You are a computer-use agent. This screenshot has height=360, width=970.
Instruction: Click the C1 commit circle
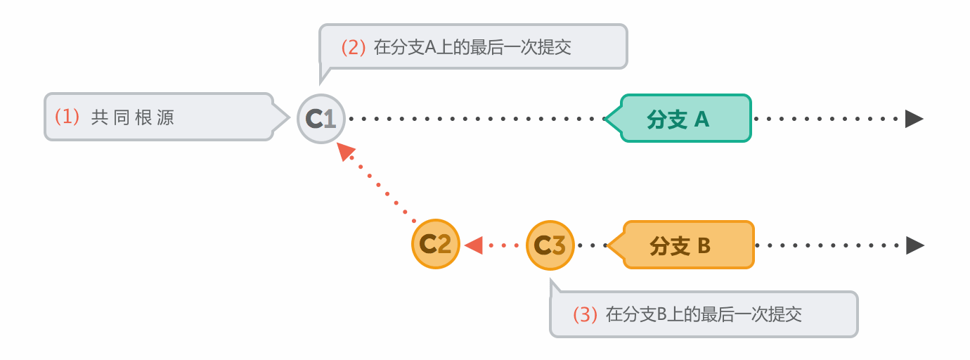321,119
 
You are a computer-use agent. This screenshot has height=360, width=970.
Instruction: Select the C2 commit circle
436,245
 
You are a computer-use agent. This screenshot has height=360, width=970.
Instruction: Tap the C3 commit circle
550,245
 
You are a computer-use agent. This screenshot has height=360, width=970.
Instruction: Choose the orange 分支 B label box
687,245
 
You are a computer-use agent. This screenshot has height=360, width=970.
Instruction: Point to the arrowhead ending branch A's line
914,118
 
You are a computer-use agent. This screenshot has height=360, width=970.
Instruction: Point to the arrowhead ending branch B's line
914,245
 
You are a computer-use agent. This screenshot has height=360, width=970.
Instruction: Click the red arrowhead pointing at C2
474,245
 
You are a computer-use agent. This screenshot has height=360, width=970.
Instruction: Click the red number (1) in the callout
68,117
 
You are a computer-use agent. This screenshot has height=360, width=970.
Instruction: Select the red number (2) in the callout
354,47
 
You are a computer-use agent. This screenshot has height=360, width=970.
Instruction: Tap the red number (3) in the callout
585,314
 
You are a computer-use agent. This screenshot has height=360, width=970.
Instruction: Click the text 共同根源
133,117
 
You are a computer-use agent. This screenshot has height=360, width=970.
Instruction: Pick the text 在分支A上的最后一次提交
472,47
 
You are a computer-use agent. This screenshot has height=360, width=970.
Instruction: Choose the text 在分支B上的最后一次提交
704,314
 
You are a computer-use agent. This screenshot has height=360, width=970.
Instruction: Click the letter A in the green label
701,120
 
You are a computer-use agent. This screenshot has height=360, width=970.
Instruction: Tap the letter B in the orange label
704,246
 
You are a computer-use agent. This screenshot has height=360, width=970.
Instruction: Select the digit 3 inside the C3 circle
558,245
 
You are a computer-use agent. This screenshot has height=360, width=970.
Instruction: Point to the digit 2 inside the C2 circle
444,245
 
